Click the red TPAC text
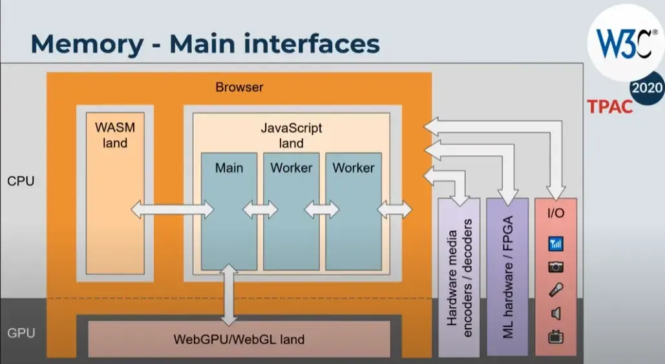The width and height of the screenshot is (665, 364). (x=609, y=107)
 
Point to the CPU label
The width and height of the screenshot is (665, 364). (x=20, y=181)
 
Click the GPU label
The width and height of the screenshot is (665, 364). (x=20, y=334)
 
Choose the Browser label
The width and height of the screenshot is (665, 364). (x=239, y=87)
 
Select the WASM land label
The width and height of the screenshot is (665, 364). (x=115, y=134)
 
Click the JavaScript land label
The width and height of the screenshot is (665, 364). (x=291, y=135)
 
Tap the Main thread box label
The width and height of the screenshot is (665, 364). (x=229, y=168)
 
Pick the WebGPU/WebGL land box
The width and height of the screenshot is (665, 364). (x=238, y=339)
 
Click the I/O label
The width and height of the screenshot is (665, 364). (x=555, y=213)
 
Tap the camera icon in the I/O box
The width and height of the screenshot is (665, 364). (x=555, y=267)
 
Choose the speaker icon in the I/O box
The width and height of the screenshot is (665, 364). (x=555, y=314)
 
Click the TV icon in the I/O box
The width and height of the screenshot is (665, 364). (x=555, y=337)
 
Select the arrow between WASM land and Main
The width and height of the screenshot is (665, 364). (x=172, y=209)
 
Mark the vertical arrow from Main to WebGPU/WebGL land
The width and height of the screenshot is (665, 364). (x=228, y=294)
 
